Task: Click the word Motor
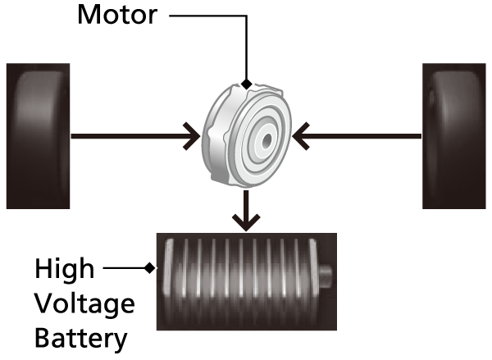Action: pyautogui.click(x=117, y=15)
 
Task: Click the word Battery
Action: pyautogui.click(x=81, y=337)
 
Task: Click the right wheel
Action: pyautogui.click(x=454, y=135)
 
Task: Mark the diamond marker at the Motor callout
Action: pyautogui.click(x=247, y=84)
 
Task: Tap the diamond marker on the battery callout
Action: pyautogui.click(x=148, y=267)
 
